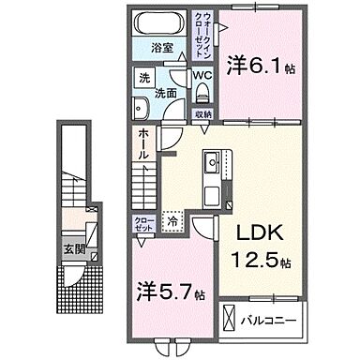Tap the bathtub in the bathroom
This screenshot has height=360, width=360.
pos(160,23)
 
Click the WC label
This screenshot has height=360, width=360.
pos(202,78)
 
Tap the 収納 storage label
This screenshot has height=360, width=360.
pos(203,114)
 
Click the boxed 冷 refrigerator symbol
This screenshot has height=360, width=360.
pos(172,221)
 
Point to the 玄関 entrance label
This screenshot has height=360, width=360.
pos(71,248)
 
